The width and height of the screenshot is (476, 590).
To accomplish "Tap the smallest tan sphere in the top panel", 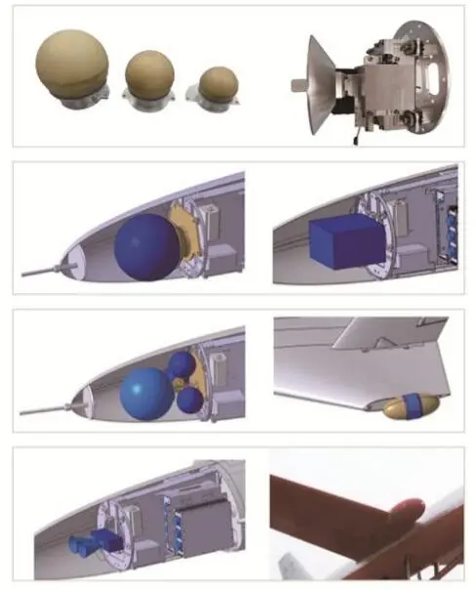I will (x=217, y=84).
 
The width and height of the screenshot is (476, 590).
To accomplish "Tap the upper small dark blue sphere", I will (x=181, y=366).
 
